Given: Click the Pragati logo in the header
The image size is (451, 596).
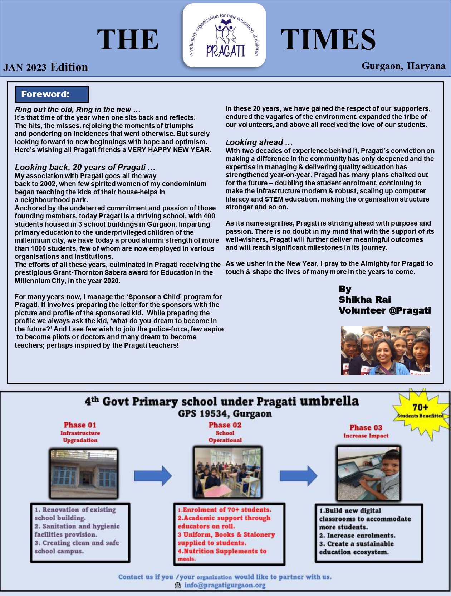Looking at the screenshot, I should pyautogui.click(x=224, y=35).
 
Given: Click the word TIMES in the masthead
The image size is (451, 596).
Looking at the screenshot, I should pyautogui.click(x=328, y=39).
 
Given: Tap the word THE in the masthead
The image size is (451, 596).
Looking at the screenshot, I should pyautogui.click(x=128, y=39).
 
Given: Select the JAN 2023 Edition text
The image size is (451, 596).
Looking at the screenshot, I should pyautogui.click(x=46, y=67).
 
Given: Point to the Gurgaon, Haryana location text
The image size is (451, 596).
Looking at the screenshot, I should pyautogui.click(x=403, y=66).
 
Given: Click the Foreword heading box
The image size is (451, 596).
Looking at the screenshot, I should pyautogui.click(x=52, y=95).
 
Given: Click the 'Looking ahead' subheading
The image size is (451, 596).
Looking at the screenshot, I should pyautogui.click(x=259, y=142).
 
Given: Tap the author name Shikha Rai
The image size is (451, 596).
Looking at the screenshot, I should pyautogui.click(x=364, y=300).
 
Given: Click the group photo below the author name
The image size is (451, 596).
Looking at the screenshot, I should pyautogui.click(x=385, y=350).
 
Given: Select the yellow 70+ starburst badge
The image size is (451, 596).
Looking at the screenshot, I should pyautogui.click(x=421, y=411).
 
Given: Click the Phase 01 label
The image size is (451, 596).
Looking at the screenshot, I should pyautogui.click(x=80, y=425).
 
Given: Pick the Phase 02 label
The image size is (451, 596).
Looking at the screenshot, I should pyautogui.click(x=225, y=425).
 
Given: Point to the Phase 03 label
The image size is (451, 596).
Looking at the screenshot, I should pyautogui.click(x=366, y=427).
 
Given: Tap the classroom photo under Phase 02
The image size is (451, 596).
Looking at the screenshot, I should pyautogui.click(x=227, y=472).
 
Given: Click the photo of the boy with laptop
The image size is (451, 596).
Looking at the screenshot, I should pyautogui.click(x=368, y=473).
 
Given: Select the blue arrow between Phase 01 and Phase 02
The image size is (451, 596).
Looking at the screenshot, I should pyautogui.click(x=153, y=476).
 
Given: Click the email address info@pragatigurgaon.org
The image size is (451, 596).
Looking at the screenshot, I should pyautogui.click(x=225, y=585).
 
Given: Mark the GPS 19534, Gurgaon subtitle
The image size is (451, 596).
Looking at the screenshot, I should pyautogui.click(x=225, y=414).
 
